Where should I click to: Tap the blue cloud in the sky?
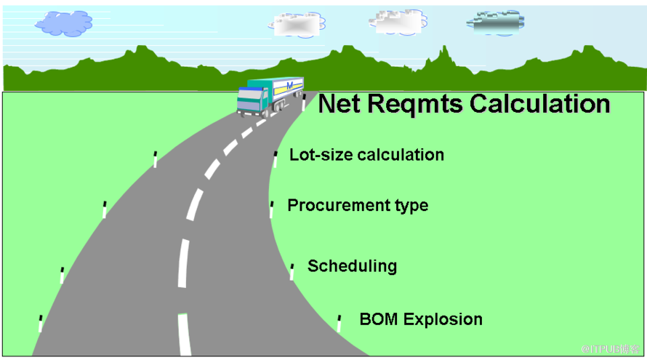coord(63,23)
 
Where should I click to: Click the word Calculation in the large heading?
coord(539,104)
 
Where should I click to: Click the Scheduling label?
coord(352,265)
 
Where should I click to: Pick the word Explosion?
coord(443,319)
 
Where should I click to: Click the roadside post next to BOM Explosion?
coord(339,322)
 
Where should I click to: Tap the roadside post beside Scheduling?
coord(292,271)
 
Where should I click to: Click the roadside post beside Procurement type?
coord(271,209)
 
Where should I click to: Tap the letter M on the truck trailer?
coord(290,87)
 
